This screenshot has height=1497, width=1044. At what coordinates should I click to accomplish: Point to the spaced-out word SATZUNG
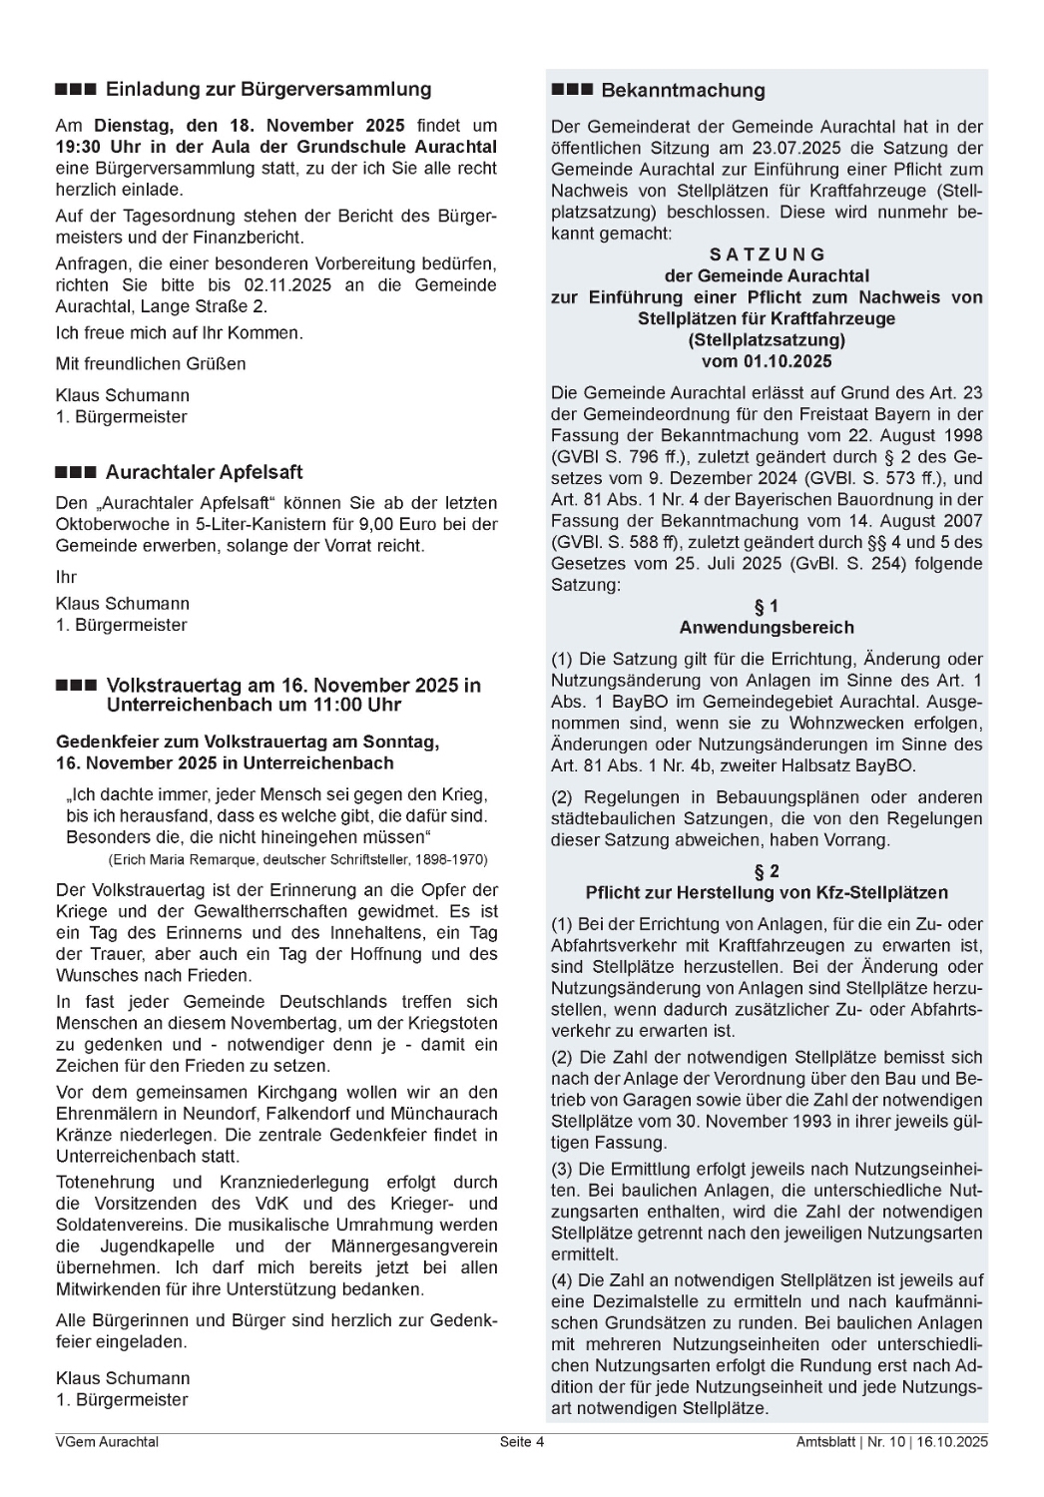pos(767,254)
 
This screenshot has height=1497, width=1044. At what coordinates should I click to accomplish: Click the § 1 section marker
pos(767,606)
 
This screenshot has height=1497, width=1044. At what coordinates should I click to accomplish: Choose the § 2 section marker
pos(767,871)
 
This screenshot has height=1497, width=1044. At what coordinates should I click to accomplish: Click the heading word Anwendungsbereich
pos(767,628)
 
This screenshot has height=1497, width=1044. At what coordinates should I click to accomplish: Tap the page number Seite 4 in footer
pos(522,1441)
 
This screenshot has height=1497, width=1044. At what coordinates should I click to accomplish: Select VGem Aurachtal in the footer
pos(107,1441)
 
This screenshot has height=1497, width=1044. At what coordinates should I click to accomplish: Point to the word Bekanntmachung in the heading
pos(683,91)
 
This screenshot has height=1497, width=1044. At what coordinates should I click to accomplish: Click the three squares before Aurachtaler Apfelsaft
pos(76,472)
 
